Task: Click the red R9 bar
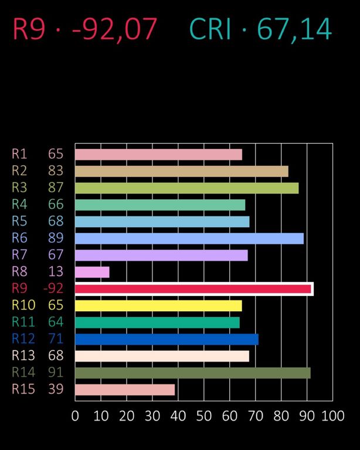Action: (193, 289)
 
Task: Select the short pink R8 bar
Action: (92, 272)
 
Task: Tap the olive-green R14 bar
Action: (192, 373)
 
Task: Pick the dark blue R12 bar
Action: (167, 339)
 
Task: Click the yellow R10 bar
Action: (158, 306)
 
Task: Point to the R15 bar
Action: (125, 390)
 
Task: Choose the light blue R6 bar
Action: (189, 238)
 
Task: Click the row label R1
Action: (19, 154)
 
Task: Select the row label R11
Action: (23, 322)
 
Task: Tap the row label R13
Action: (23, 356)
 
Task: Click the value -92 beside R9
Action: (53, 289)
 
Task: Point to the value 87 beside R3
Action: (56, 188)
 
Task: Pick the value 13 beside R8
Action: (56, 272)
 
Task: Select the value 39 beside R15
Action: (56, 390)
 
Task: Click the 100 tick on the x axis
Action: (332, 416)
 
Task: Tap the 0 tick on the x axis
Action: (75, 416)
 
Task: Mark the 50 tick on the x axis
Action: (203, 416)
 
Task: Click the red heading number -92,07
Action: (114, 29)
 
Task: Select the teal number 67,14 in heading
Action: (294, 29)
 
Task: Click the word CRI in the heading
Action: (211, 29)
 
